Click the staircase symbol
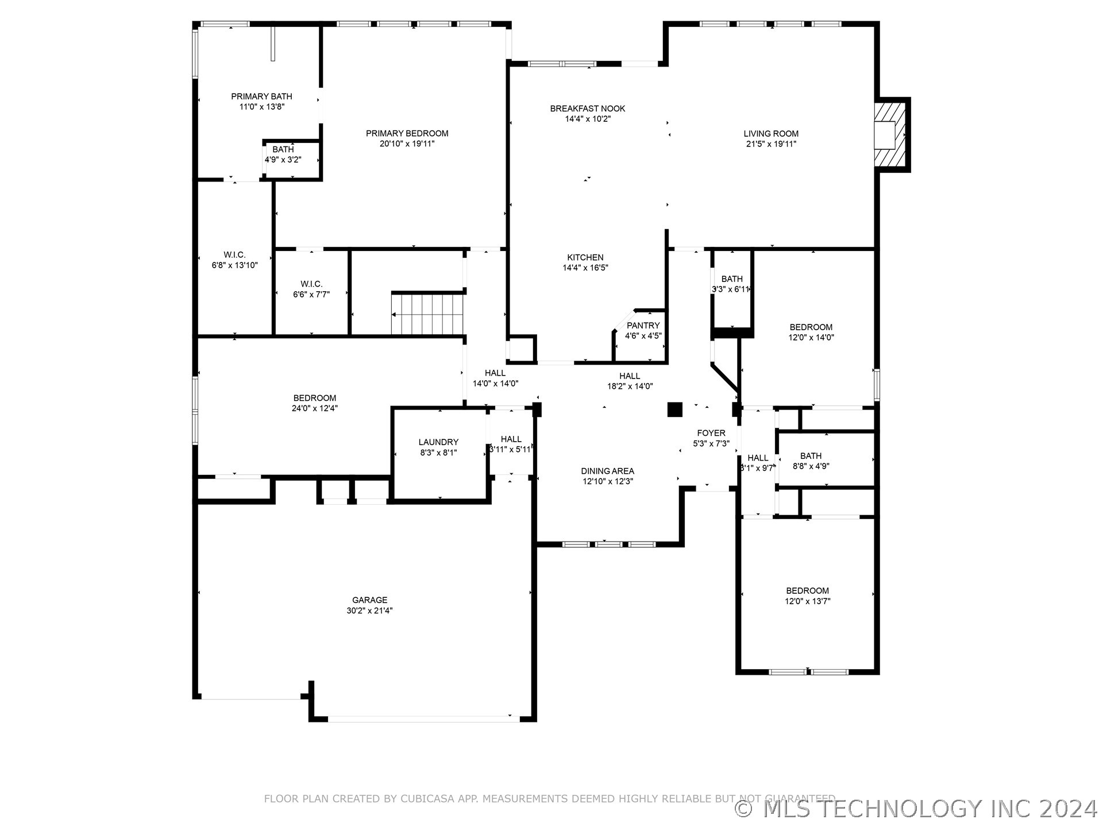click(427, 314)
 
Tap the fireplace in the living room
click(889, 135)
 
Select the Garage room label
click(369, 600)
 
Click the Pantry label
click(643, 326)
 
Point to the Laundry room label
click(438, 442)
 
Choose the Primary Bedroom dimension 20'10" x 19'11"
click(407, 144)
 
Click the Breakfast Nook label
click(587, 109)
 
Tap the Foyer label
click(711, 433)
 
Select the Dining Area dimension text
click(607, 481)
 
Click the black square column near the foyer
click(674, 409)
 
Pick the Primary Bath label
click(261, 96)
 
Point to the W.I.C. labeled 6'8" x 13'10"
click(234, 260)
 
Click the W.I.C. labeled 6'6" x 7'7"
click(311, 289)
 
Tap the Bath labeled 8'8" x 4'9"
click(811, 461)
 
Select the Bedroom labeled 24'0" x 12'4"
click(314, 403)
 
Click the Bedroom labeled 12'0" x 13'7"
click(807, 596)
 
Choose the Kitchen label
click(585, 257)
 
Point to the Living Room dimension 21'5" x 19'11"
click(771, 144)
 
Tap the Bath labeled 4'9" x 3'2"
click(283, 154)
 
